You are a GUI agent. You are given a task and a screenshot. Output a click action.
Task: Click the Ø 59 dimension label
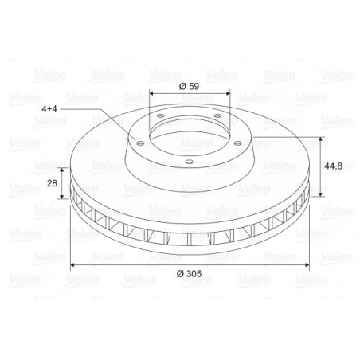pos(189,86)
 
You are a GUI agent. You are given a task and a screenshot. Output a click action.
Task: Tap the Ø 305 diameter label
pos(190,273)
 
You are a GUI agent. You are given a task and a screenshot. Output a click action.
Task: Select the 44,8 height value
pos(334,166)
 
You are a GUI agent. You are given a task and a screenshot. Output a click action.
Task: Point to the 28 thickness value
pos(52,183)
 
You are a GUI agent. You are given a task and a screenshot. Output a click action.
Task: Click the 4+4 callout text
pos(49,108)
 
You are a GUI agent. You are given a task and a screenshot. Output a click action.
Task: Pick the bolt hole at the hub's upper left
pos(161,116)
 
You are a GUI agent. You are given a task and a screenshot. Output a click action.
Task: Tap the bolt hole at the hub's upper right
pos(217,115)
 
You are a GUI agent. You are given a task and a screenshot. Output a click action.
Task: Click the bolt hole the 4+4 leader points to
pos(140,143)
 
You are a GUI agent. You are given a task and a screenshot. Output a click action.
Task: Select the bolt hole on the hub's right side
pos(237,143)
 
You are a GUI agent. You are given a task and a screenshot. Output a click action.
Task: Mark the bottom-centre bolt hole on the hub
pos(189,162)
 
